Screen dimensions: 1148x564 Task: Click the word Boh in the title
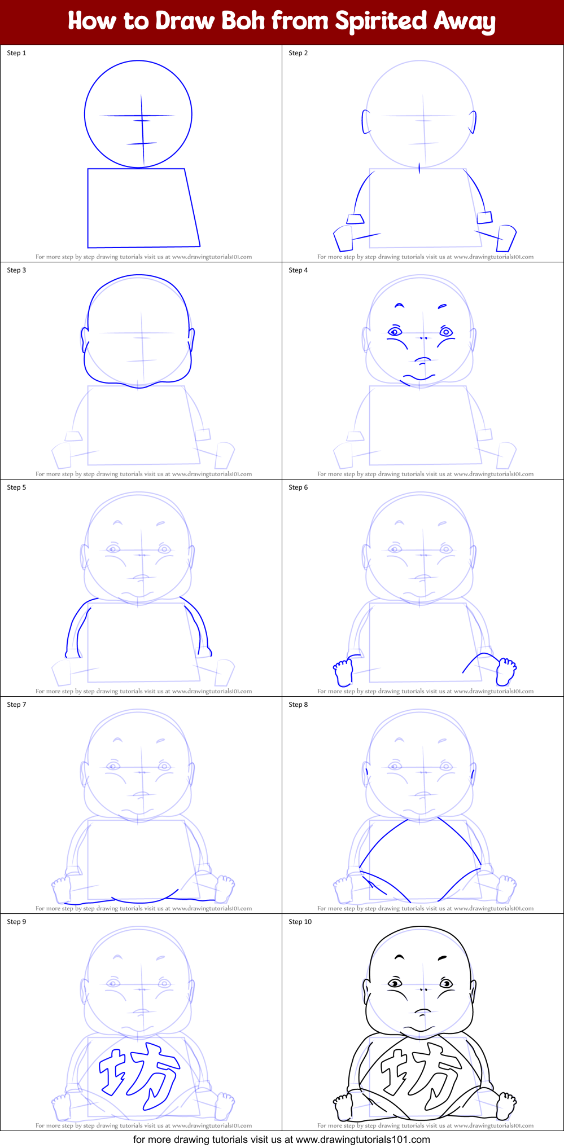click(x=243, y=21)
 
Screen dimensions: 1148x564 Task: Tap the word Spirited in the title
click(x=381, y=21)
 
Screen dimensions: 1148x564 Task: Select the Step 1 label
click(x=16, y=53)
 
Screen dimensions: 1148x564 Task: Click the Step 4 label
click(x=298, y=270)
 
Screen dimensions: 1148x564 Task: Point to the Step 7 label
click(x=16, y=705)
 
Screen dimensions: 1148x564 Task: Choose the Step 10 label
click(x=300, y=922)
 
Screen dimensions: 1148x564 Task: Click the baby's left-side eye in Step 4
click(x=394, y=332)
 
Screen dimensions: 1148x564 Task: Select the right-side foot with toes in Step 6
click(x=506, y=670)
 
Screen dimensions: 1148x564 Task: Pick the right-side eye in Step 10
click(x=446, y=983)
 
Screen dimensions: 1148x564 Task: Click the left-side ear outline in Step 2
click(x=366, y=121)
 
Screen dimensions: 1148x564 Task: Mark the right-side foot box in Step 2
click(x=506, y=238)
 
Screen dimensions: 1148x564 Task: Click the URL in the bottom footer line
click(x=363, y=1140)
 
